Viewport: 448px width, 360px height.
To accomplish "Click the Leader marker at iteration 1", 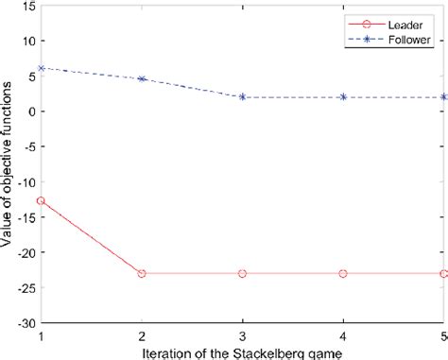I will point(41,200).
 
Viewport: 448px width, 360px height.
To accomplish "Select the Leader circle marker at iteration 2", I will point(142,273).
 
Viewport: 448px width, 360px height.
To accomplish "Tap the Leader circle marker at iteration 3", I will point(243,273).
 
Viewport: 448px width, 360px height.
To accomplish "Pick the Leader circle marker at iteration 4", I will point(343,273).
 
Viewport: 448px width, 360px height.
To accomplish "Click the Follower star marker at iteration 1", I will point(41,68).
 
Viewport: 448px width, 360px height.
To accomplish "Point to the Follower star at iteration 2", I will point(142,78).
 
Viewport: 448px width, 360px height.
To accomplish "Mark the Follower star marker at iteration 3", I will point(243,96).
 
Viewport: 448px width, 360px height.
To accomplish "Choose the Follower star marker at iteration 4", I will point(343,96).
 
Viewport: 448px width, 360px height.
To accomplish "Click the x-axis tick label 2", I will point(142,334).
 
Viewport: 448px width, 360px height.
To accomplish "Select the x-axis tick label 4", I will point(343,334).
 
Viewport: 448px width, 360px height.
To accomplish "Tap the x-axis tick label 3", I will point(243,334).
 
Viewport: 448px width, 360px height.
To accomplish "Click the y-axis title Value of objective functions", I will point(8,165).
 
